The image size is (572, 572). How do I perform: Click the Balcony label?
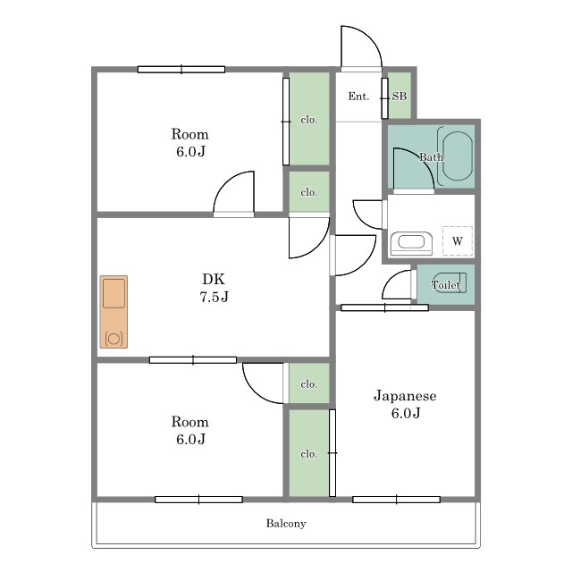coord(286,524)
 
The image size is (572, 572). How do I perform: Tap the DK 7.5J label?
coord(214,288)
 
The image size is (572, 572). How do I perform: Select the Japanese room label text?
coord(405,404)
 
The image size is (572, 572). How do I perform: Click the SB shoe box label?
coord(400,96)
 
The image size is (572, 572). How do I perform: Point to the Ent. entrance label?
coord(358,97)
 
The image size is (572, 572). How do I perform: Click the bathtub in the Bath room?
coord(457,156)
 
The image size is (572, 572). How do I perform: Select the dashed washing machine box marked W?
coord(458,240)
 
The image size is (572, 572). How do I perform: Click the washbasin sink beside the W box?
coord(411,243)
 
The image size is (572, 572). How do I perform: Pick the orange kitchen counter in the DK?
coord(114,312)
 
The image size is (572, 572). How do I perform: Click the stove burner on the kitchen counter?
coord(114,339)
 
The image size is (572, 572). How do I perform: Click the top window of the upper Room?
coord(181,70)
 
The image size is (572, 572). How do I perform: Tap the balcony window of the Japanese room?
coord(397,500)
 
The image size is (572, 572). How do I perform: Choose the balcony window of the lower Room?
coord(198,500)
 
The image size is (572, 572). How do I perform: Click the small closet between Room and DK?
coord(309,191)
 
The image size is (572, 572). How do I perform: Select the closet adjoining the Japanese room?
coord(309,453)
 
